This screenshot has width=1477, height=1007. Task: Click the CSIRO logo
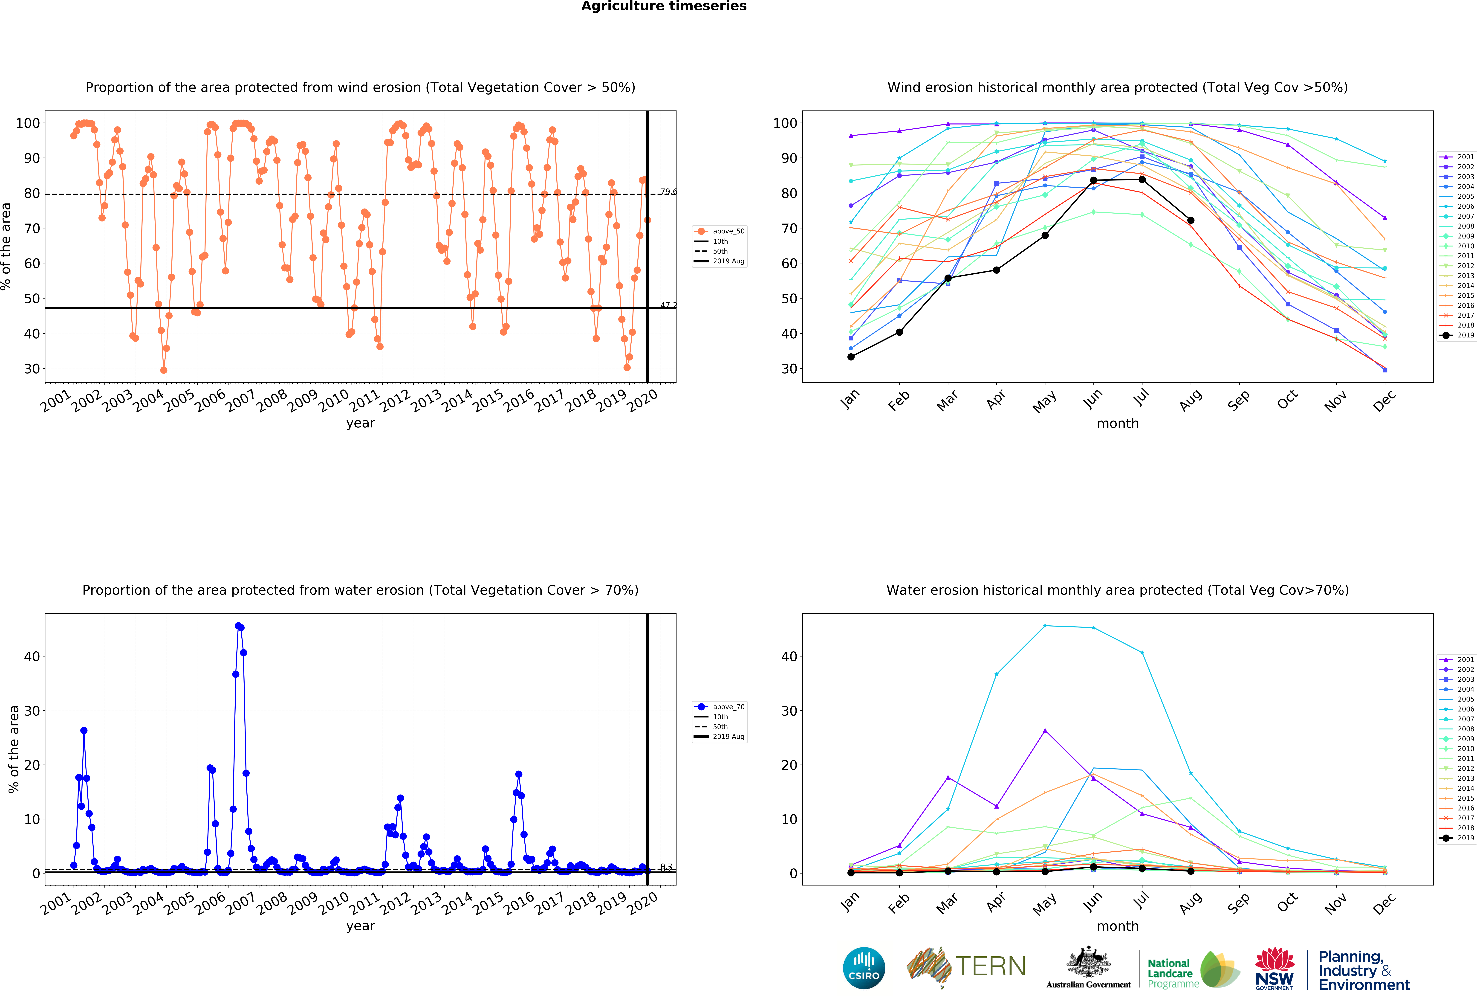864,968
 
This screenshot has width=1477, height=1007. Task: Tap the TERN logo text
990,966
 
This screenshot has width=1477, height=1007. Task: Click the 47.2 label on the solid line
668,305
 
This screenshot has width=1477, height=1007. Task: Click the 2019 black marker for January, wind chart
851,357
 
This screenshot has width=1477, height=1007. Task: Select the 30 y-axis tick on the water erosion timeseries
32,711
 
